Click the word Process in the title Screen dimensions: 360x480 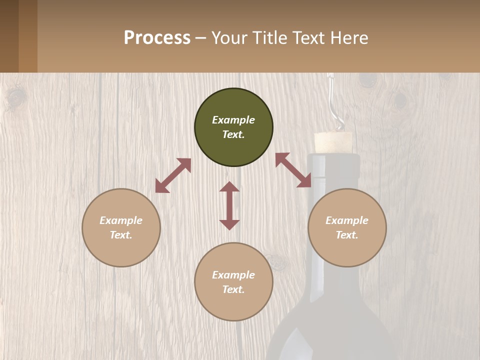(157, 38)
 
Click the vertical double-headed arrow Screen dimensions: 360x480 (229, 205)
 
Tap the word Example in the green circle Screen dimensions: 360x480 (233, 120)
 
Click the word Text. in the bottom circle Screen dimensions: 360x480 (233, 289)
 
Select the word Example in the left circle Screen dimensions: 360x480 (121, 220)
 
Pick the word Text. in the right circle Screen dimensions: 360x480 (347, 235)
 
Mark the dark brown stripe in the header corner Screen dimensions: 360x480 (9, 36)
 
